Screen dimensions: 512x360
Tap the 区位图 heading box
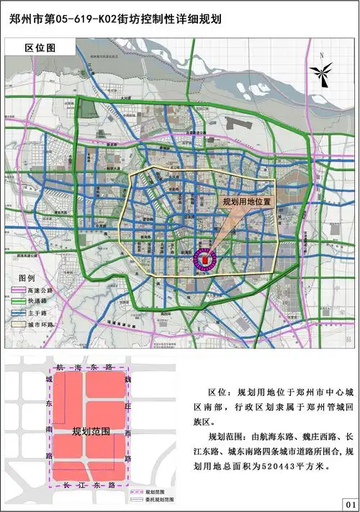(40, 48)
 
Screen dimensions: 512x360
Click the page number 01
(349, 503)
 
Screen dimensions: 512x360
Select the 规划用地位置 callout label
(247, 202)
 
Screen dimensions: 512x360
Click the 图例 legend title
(27, 277)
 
